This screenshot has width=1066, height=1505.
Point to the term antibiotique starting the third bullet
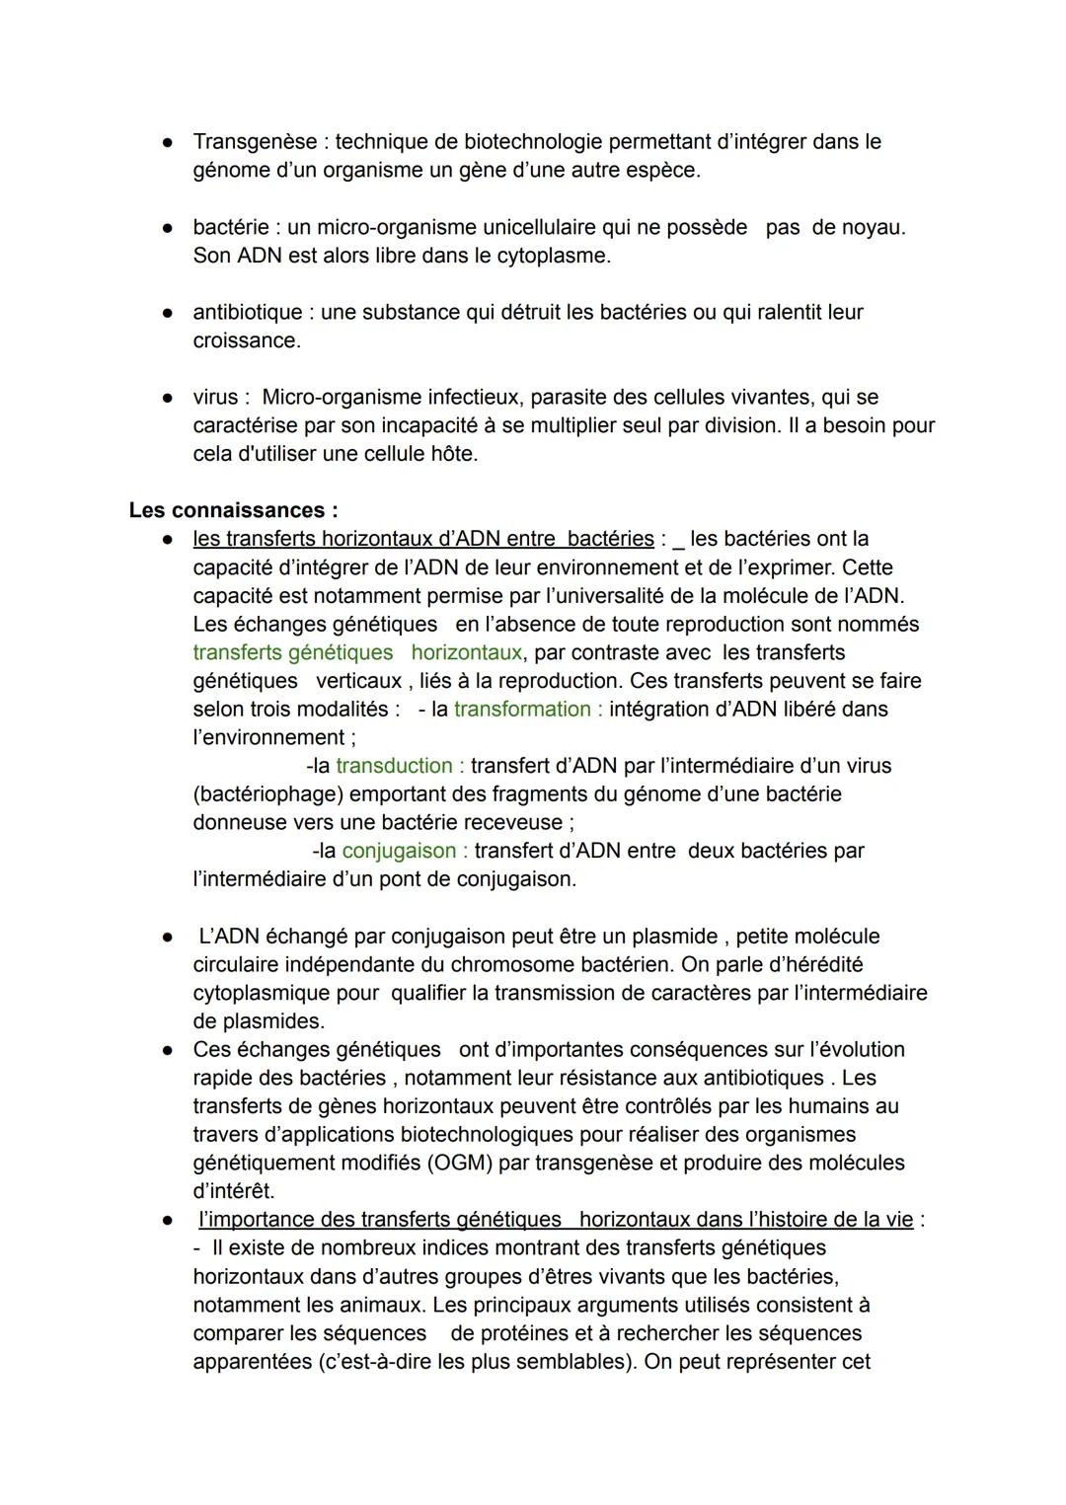[x=247, y=313]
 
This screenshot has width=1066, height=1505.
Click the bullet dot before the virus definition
[x=169, y=398]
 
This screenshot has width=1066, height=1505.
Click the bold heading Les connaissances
[x=233, y=511]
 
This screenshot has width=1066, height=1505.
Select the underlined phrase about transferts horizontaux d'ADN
[x=422, y=539]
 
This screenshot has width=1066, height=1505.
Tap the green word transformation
[x=522, y=710]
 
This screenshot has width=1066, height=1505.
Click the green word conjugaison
[x=399, y=851]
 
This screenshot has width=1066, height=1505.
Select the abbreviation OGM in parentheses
[x=460, y=1164]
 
